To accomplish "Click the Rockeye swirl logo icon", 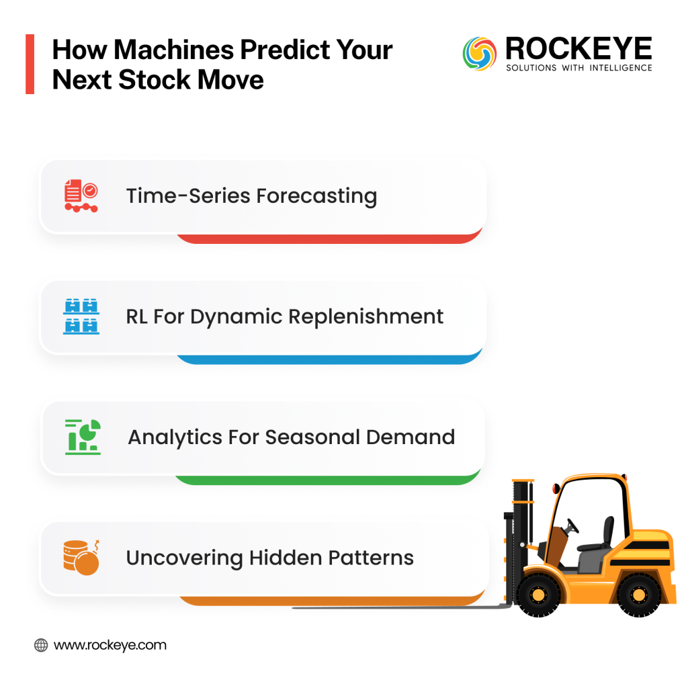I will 480,54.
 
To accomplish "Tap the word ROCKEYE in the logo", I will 578,48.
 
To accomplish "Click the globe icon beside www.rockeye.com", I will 41,646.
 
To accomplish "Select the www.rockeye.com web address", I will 110,646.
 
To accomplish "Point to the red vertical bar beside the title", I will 30,64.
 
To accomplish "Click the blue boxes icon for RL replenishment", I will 81,316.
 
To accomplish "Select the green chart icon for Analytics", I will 83,437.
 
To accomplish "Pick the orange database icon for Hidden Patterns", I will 81,558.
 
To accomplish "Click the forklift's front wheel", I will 538,594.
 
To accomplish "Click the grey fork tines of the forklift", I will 403,606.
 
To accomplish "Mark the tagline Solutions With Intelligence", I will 578,68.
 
